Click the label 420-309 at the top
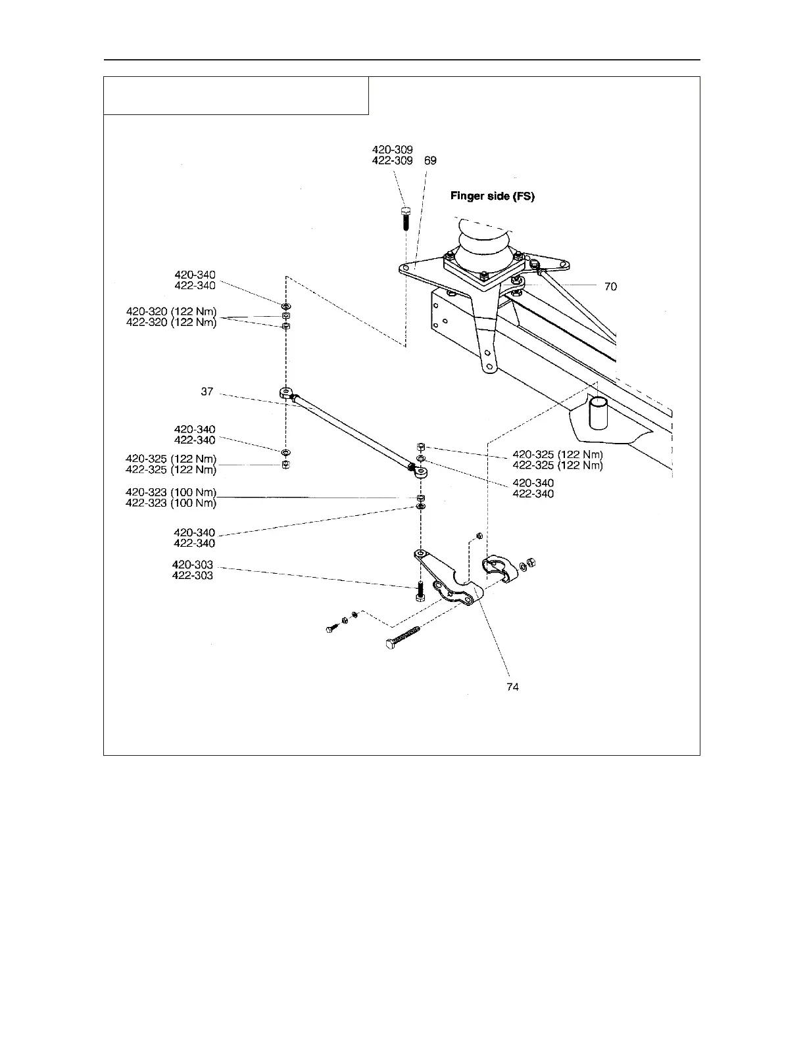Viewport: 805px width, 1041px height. [393, 150]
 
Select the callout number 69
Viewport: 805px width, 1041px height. [430, 160]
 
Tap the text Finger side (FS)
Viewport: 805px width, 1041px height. [492, 196]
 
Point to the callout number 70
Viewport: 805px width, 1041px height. [610, 287]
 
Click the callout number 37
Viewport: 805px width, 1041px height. [207, 391]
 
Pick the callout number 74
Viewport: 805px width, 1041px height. [512, 687]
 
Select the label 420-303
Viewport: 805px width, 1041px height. [193, 565]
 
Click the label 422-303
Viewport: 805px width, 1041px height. [193, 575]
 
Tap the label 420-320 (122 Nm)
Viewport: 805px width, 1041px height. [171, 312]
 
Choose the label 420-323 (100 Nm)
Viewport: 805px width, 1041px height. [171, 493]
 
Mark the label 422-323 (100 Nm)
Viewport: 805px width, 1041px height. [171, 503]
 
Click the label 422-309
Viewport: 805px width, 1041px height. [393, 160]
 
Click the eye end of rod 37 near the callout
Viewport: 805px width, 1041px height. [286, 393]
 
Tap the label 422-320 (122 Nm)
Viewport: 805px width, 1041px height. [171, 322]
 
